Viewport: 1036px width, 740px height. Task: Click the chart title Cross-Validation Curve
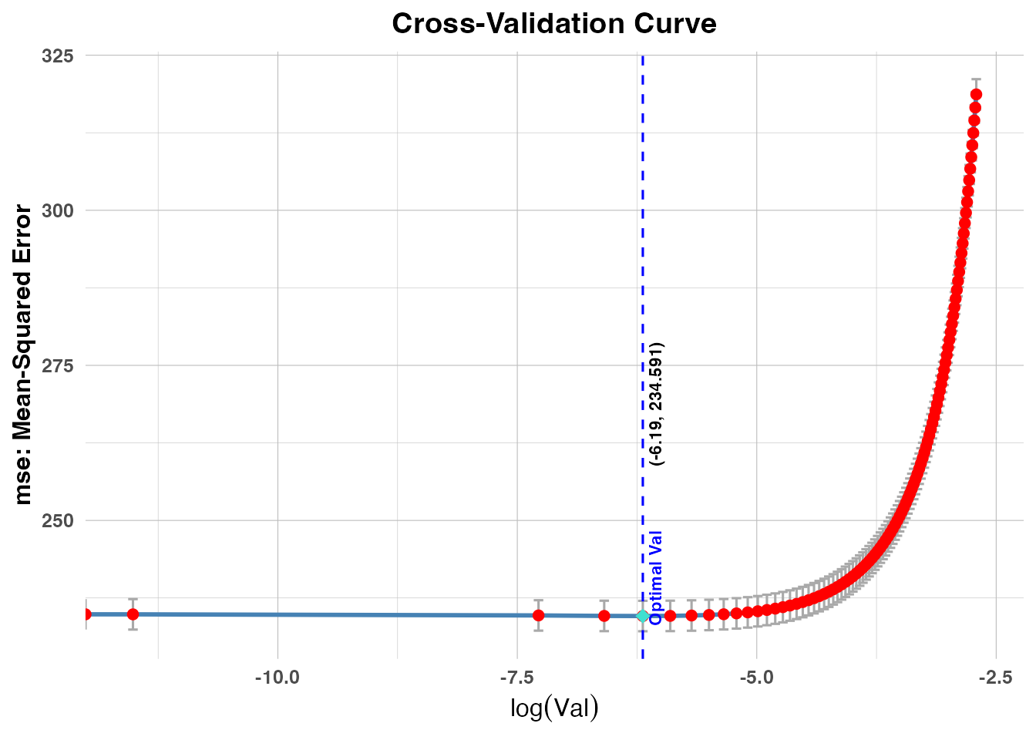553,23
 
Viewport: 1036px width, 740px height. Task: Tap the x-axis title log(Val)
553,707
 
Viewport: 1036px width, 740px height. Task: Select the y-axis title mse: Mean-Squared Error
23,355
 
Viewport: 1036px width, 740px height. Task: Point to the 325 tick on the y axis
57,55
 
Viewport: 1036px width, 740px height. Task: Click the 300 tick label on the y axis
57,210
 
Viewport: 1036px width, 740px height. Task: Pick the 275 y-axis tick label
57,365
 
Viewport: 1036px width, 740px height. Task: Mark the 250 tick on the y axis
57,520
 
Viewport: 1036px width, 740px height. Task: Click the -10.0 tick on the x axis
277,678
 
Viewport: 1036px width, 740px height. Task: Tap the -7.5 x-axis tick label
516,678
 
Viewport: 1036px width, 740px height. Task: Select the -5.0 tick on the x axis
756,678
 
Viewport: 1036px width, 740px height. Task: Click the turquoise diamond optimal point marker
642,616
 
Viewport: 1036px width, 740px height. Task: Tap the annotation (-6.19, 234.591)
656,404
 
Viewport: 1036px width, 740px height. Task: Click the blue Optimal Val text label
656,577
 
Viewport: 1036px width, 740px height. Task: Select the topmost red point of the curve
976,95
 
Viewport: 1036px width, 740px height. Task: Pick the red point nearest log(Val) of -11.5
133,614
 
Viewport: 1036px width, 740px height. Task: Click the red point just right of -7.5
538,615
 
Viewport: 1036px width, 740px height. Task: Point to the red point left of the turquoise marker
604,616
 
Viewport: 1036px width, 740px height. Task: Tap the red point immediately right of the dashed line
671,616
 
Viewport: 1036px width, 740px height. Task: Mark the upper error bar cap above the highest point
976,79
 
